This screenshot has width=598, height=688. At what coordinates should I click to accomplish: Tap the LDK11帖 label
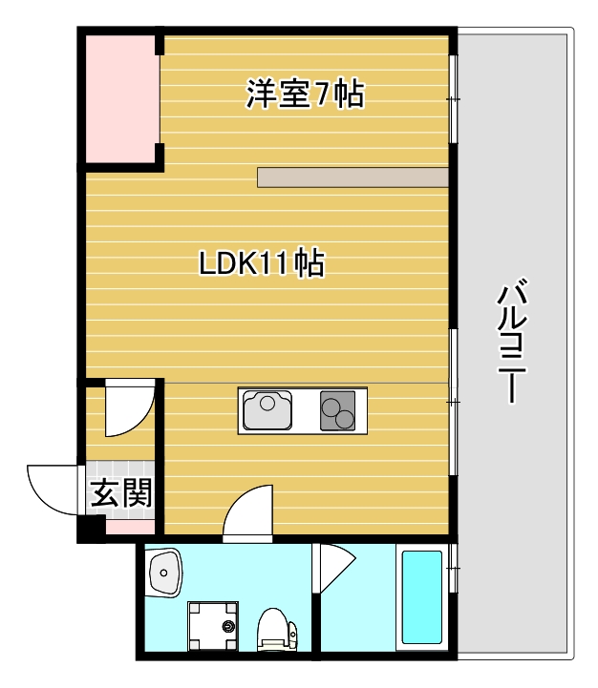tap(261, 263)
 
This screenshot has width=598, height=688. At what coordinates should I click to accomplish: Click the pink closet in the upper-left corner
tap(118, 98)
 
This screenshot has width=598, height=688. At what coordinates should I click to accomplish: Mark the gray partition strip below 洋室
tap(352, 177)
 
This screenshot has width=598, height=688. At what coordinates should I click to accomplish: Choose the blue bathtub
tap(421, 597)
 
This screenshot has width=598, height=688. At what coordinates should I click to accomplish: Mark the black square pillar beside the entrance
tap(91, 526)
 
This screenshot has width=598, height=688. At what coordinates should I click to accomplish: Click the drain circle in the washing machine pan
tap(228, 627)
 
